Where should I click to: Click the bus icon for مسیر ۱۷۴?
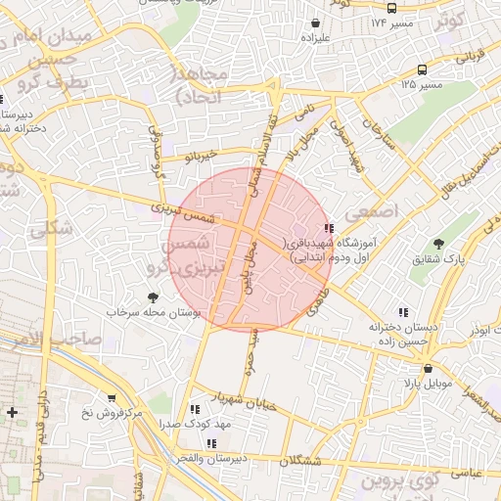(x=392, y=7)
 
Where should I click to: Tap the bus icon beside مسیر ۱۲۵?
(x=422, y=70)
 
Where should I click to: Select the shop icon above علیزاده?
(x=315, y=23)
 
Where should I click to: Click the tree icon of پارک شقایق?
(x=437, y=245)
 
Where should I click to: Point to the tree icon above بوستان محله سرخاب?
(x=151, y=297)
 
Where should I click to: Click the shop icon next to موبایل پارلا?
(x=412, y=369)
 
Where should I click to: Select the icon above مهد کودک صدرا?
(x=195, y=408)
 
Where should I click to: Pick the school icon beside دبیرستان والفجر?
(x=211, y=443)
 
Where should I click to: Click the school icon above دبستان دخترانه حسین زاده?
(x=403, y=313)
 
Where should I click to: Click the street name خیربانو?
(x=205, y=155)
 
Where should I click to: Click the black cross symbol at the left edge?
(x=12, y=412)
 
